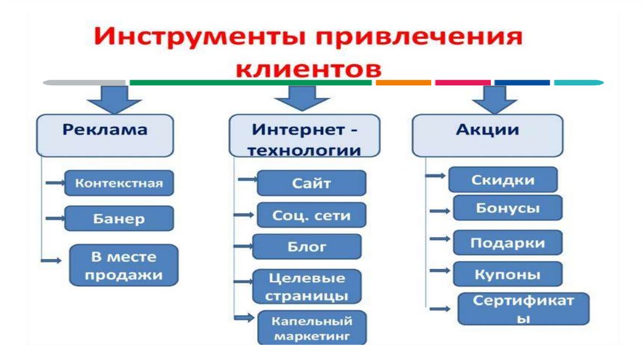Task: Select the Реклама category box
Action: tap(105, 134)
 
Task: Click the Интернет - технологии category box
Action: tap(305, 139)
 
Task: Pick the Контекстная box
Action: tap(119, 183)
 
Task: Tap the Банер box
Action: tap(119, 219)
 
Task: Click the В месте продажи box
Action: tap(124, 265)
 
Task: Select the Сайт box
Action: tap(312, 183)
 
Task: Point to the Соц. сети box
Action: tap(312, 215)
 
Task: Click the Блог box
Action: tap(307, 246)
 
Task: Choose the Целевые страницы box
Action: tap(307, 287)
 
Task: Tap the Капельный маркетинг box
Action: tap(312, 329)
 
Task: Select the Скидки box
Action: tap(503, 180)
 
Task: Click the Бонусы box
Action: tap(507, 208)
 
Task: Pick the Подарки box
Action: tap(507, 243)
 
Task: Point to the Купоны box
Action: tap(507, 274)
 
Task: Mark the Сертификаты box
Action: tap(524, 309)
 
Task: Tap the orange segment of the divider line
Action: tap(403, 82)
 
